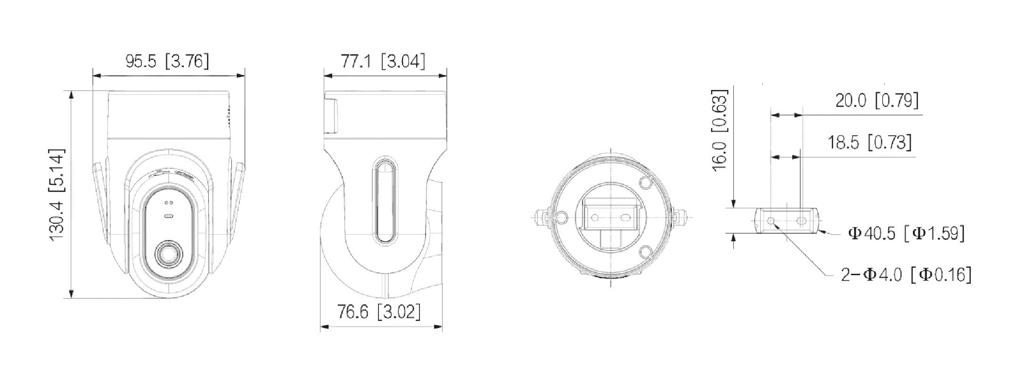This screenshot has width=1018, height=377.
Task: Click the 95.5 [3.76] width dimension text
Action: [167, 62]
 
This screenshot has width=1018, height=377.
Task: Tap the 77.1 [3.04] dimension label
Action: [383, 62]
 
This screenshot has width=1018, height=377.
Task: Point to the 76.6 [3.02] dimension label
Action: [379, 312]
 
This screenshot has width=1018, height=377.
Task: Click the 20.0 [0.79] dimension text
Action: [877, 100]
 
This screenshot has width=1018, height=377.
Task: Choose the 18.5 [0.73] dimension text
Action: [870, 142]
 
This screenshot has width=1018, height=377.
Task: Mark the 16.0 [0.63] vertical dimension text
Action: [720, 130]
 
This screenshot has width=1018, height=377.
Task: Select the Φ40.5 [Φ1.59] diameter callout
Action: [906, 233]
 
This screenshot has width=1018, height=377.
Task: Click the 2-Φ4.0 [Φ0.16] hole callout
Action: [906, 275]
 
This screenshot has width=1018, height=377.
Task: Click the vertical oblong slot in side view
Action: [385, 200]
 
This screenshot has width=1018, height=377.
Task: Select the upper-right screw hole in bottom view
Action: [646, 181]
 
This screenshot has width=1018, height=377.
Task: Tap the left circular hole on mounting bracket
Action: [771, 221]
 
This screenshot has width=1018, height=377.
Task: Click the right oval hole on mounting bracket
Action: [802, 221]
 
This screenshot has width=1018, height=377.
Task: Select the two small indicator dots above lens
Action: [169, 203]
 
